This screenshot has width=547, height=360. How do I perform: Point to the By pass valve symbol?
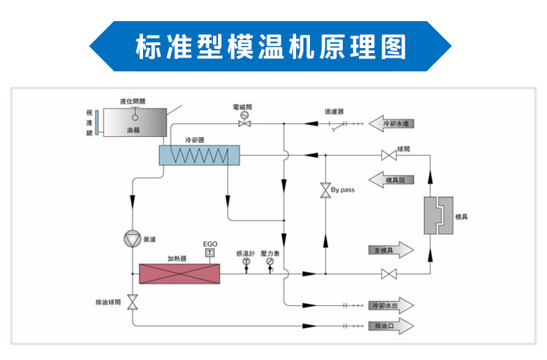tap(322, 191)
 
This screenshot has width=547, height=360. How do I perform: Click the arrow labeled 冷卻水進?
tap(393, 123)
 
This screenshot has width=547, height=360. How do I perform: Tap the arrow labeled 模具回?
tap(393, 179)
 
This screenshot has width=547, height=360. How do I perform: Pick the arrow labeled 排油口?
tap(391, 326)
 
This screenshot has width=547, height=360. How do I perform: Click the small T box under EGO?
tap(210, 252)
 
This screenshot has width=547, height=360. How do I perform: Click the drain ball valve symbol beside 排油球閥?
tap(133, 302)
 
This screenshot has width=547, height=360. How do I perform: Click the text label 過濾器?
tap(334, 111)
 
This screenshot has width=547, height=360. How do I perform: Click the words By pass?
tap(342, 190)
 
